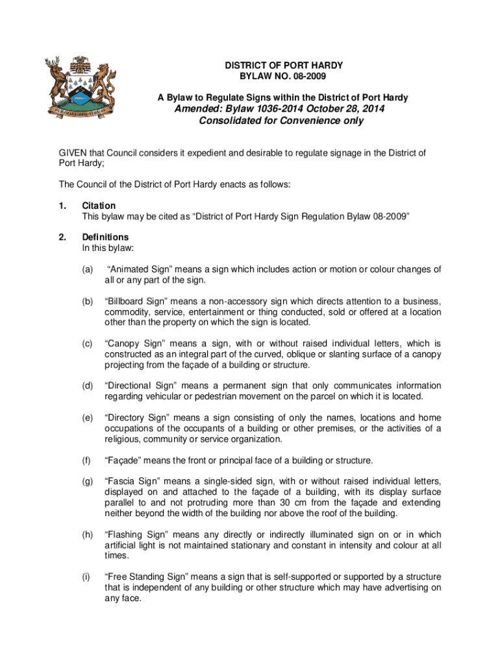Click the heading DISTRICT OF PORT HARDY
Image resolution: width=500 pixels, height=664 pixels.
[284, 66]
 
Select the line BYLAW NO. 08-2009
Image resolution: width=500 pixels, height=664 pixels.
[284, 77]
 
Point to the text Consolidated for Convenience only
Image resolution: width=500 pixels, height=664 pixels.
[281, 121]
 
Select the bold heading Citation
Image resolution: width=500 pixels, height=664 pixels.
[99, 206]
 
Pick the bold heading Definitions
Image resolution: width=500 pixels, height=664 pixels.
[105, 237]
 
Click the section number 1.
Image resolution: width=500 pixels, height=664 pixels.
[63, 206]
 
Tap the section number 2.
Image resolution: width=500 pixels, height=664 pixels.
[63, 237]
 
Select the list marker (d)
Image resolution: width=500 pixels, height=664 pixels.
[87, 386]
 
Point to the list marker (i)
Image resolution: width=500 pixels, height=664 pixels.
[86, 577]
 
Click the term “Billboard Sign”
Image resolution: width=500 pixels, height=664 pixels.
[135, 302]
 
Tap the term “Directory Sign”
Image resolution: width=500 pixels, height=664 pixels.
[135, 418]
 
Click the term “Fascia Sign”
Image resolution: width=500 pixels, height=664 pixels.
[131, 482]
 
